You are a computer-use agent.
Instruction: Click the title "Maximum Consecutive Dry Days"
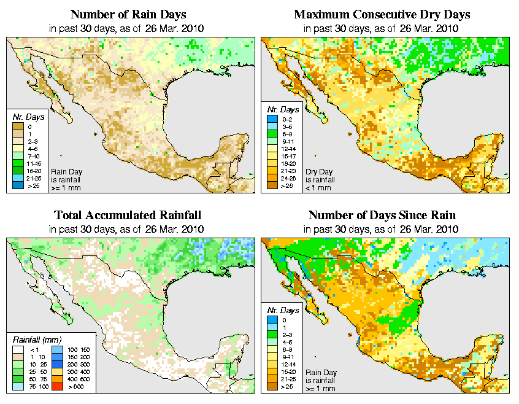[x=382, y=14]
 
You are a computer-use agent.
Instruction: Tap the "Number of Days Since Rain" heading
[x=382, y=216]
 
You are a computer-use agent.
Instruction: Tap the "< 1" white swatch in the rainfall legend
[x=19, y=349]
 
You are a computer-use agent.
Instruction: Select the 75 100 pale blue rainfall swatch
[x=19, y=388]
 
